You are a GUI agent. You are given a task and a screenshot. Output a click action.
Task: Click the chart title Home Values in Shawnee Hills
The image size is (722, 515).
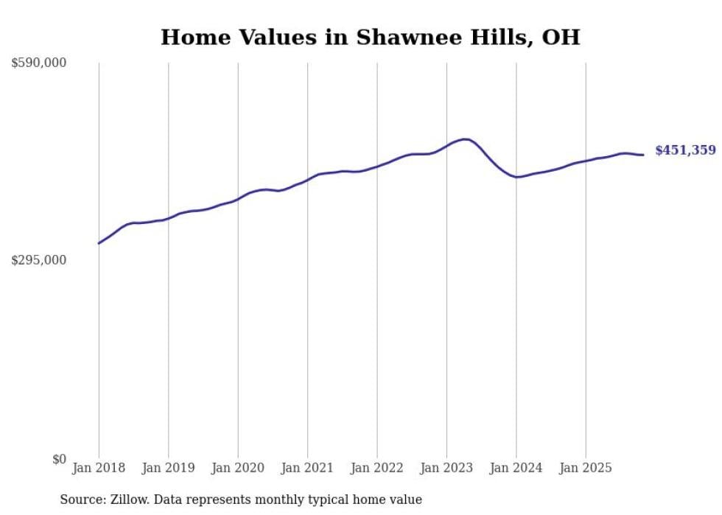pyautogui.click(x=370, y=37)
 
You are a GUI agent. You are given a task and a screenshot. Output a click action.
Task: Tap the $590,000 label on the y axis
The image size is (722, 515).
pyautogui.click(x=38, y=63)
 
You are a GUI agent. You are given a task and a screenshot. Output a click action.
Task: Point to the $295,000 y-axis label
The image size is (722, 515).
pyautogui.click(x=38, y=260)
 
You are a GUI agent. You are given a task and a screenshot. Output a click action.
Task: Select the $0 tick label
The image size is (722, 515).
pyautogui.click(x=59, y=459)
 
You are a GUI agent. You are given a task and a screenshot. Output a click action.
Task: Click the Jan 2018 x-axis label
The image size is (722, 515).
pyautogui.click(x=99, y=468)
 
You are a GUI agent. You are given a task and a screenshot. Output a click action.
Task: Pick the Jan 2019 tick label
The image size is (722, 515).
pyautogui.click(x=168, y=468)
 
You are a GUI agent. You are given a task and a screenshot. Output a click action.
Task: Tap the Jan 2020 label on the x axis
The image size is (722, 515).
pyautogui.click(x=238, y=468)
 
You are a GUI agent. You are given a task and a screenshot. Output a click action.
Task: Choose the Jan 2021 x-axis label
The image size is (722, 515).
pyautogui.click(x=307, y=468)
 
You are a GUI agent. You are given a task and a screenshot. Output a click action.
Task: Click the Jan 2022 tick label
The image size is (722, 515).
pyautogui.click(x=377, y=468)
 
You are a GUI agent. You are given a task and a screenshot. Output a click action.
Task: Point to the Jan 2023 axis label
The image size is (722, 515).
pyautogui.click(x=446, y=468)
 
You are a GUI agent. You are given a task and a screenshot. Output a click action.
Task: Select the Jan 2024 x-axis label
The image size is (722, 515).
pyautogui.click(x=516, y=468)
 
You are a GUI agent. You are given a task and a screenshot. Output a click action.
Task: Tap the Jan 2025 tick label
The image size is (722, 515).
pyautogui.click(x=586, y=468)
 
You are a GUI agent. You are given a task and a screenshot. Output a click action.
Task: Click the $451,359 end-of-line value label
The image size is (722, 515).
pyautogui.click(x=685, y=150)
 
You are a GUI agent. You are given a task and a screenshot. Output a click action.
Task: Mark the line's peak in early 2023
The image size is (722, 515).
pyautogui.click(x=465, y=139)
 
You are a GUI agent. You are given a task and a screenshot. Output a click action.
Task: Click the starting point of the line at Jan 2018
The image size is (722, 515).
pyautogui.click(x=99, y=243)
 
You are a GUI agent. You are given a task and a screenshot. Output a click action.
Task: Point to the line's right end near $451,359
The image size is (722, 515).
pyautogui.click(x=643, y=155)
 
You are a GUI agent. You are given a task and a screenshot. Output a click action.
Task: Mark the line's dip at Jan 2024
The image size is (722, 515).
pyautogui.click(x=518, y=177)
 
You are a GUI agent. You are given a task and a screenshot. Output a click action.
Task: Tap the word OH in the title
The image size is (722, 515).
pyautogui.click(x=561, y=37)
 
